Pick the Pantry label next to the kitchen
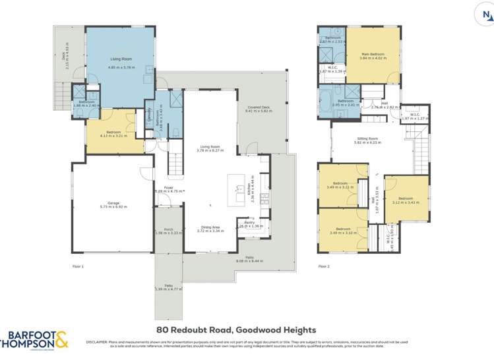[249, 223]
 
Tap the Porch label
[168, 230]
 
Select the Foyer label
[169, 188]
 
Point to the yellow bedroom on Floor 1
[109, 135]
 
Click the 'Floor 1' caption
[78, 267]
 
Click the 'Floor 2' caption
[323, 267]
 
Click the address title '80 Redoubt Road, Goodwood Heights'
[236, 330]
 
